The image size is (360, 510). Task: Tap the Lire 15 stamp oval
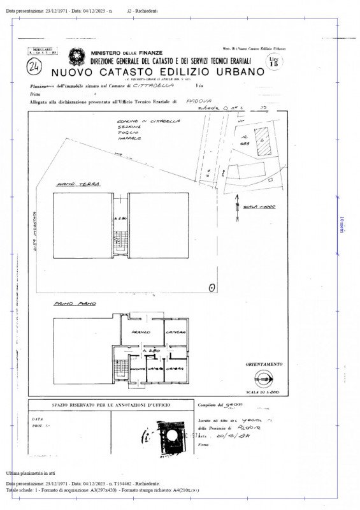tap(274, 62)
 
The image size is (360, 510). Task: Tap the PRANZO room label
tap(141, 333)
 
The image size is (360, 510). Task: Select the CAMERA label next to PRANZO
tap(175, 333)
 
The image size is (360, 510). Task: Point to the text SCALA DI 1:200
tap(263, 392)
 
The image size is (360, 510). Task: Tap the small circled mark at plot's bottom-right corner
tap(212, 288)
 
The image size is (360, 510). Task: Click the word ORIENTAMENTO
tap(263, 364)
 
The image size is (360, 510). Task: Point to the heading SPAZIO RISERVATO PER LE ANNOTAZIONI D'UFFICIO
tap(110, 404)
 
